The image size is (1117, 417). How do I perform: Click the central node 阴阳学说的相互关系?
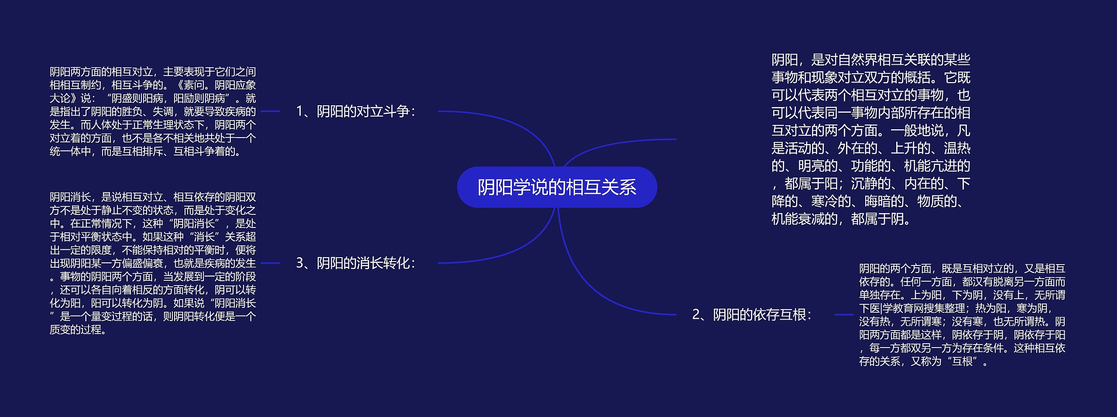point(557,187)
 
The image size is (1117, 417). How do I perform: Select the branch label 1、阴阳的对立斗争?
point(355,111)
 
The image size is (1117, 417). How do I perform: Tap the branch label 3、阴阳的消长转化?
point(355,263)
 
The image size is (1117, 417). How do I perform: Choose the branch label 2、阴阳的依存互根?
point(751,314)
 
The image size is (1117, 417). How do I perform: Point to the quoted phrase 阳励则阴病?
point(199,99)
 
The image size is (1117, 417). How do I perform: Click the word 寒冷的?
point(831,201)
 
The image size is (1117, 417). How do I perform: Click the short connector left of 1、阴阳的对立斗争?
point(270,111)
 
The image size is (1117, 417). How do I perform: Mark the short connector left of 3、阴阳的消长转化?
point(270,263)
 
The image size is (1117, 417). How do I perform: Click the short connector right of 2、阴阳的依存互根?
point(843,314)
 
